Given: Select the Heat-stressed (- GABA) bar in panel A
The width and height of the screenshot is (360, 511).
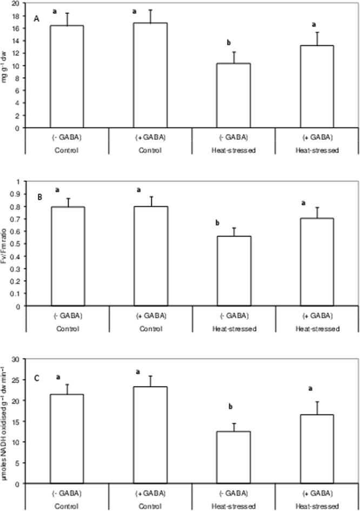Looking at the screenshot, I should (234, 96).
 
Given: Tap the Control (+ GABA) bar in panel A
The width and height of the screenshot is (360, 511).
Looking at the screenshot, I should (150, 75).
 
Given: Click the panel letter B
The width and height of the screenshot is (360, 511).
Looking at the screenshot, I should (39, 197).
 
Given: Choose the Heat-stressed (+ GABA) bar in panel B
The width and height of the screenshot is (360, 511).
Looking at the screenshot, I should (317, 262).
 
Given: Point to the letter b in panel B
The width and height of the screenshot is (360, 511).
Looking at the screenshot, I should (217, 223).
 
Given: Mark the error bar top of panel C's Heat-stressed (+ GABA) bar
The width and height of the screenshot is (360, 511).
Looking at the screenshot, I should (317, 401).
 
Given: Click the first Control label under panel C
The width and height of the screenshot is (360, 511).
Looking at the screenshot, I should (67, 506).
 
